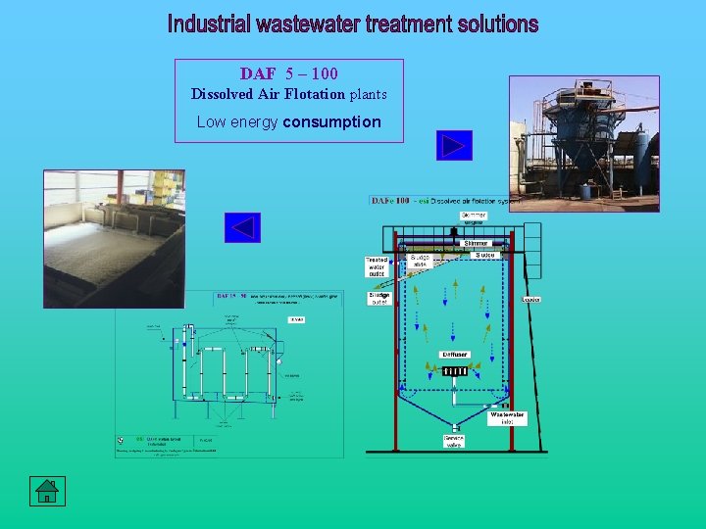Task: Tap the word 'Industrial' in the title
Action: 210,24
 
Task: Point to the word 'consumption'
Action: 331,121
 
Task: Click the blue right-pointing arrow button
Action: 454,146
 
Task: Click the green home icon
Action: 46,492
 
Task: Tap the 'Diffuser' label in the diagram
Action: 454,355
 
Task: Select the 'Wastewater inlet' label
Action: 507,417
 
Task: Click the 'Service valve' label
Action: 453,441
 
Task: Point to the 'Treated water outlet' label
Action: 377,265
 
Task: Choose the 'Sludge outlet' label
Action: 378,298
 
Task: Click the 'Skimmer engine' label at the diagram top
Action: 473,218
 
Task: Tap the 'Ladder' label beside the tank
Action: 530,299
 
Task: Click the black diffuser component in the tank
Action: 454,370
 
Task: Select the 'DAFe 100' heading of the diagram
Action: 390,201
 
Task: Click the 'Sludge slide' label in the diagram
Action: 420,261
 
